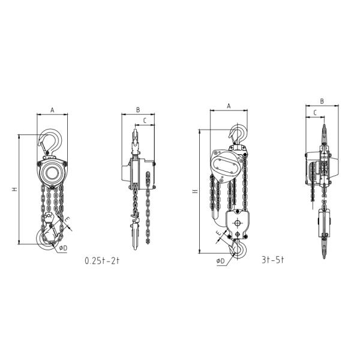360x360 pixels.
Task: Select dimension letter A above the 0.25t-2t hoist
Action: point(52,110)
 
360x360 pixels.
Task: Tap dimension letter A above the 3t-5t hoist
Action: point(229,106)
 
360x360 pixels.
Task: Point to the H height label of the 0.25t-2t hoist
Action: point(14,190)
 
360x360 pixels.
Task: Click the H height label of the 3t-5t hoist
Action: point(194,191)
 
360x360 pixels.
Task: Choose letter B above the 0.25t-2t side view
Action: point(137,110)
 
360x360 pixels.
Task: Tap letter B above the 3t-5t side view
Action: point(322,101)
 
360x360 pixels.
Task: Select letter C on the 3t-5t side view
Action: point(314,112)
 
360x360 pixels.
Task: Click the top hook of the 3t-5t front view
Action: point(238,135)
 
